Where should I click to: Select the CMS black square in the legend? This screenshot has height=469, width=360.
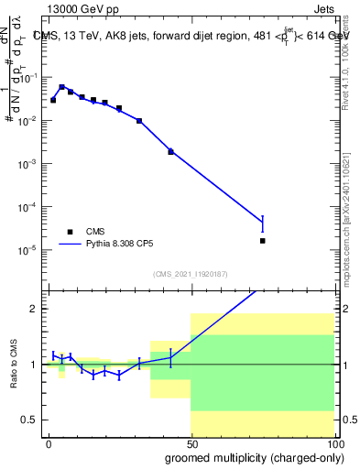coord(69,232)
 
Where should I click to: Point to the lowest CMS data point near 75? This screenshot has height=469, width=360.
coord(262,241)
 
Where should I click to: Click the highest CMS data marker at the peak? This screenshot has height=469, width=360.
coord(61,87)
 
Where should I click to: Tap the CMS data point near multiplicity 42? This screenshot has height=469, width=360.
coord(170,151)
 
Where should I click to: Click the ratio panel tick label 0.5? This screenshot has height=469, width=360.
coord(34,420)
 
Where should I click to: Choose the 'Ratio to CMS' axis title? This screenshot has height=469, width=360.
coord(16,364)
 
